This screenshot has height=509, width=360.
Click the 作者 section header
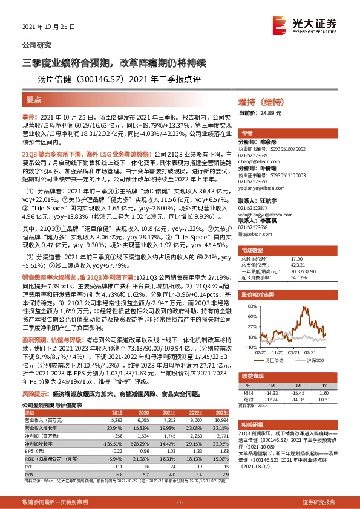point(247,132)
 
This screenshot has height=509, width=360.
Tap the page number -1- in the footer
point(180,502)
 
